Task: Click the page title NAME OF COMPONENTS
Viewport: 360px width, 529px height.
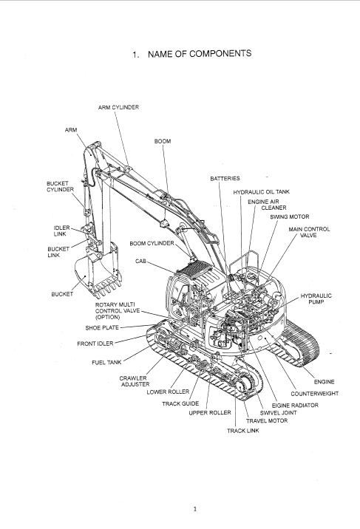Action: [200, 54]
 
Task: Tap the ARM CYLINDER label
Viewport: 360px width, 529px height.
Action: [118, 107]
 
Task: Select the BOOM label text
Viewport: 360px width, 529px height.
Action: [163, 141]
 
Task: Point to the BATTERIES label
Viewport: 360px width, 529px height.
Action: [225, 179]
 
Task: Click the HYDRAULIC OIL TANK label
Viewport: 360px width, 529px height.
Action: [262, 192]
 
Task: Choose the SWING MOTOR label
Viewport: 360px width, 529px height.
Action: [290, 216]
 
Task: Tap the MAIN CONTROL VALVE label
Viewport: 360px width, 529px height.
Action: [309, 232]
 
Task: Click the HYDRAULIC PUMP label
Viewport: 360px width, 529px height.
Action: [316, 299]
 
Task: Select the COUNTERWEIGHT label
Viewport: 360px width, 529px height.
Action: [315, 394]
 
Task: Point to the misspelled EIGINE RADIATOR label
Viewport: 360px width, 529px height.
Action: [295, 405]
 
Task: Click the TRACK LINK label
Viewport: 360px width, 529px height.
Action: [243, 431]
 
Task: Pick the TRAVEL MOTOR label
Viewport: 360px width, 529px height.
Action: [267, 420]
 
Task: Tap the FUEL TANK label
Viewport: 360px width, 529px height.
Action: [106, 363]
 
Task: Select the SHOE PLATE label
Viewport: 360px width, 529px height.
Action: [102, 327]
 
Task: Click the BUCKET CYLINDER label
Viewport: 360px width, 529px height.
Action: [60, 187]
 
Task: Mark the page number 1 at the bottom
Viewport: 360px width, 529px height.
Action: [195, 509]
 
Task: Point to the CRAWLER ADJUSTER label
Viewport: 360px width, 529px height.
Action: [135, 381]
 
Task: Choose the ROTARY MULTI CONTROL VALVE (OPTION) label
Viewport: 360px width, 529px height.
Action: [118, 311]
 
